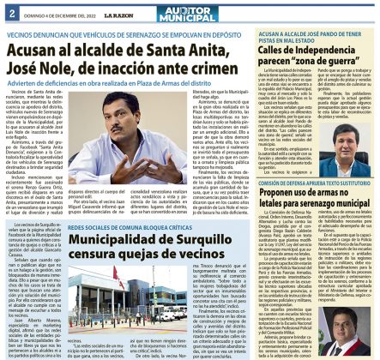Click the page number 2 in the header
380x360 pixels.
click(x=10, y=11)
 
